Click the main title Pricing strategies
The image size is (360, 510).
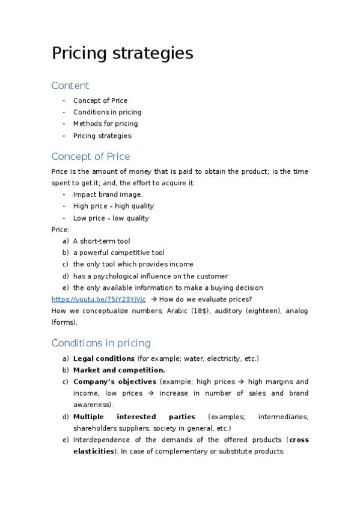[122, 54]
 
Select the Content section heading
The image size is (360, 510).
[70, 85]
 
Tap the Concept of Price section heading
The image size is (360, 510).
[90, 156]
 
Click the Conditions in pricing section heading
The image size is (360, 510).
[101, 343]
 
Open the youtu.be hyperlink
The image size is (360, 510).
[99, 299]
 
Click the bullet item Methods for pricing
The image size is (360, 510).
[105, 124]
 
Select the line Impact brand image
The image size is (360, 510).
[108, 194]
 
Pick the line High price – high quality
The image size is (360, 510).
[113, 206]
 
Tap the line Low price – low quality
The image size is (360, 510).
[111, 218]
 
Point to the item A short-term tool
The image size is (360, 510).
[101, 241]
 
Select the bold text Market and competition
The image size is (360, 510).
[119, 370]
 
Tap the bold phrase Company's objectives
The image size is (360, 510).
[114, 381]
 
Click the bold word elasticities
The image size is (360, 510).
[93, 451]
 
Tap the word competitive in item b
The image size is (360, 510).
[126, 253]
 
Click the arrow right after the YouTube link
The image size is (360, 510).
[154, 299]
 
